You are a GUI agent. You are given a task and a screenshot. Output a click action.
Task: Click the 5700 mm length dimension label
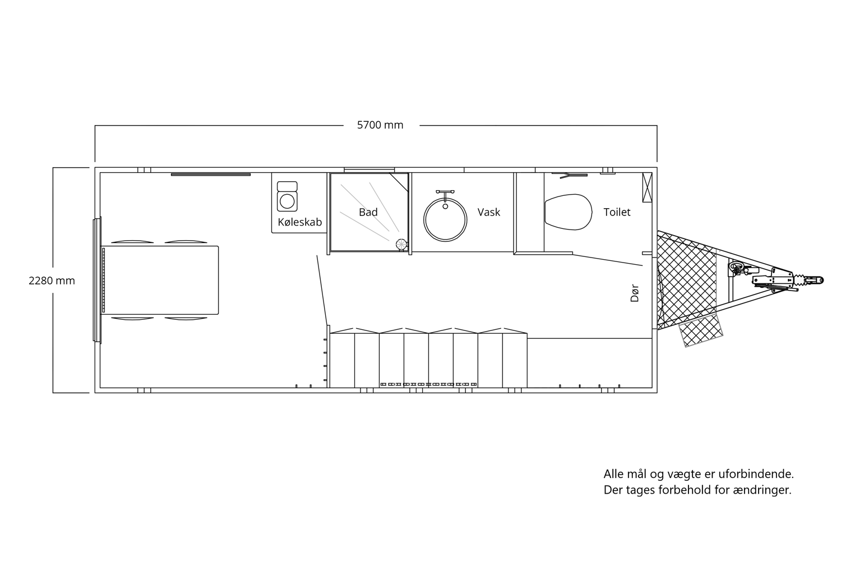coord(380,125)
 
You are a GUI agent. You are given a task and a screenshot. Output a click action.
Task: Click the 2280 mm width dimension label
coord(52,280)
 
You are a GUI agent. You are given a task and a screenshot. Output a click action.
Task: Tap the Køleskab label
coord(299,222)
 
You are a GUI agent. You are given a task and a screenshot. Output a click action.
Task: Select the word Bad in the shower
coord(368,212)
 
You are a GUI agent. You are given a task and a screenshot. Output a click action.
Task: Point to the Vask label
coord(489,212)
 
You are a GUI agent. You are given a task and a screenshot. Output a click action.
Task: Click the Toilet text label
coord(617,212)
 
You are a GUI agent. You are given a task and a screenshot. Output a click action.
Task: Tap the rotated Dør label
coord(634,293)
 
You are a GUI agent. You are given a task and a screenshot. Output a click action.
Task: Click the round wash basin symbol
coord(445,220)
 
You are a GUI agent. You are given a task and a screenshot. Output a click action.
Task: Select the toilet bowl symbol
coord(568,212)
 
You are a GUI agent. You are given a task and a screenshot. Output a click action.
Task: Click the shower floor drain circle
coord(401,244)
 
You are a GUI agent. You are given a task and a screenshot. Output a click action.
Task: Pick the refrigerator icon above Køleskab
coord(287,196)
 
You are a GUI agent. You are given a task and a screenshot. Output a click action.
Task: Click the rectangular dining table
coord(160,280)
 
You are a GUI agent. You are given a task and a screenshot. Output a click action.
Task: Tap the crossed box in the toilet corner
coord(647,187)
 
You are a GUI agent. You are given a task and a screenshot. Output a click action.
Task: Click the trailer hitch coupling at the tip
coord(807,280)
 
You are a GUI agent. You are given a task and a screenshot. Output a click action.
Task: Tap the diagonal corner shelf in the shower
coord(399,182)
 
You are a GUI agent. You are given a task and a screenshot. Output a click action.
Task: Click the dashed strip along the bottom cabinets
coord(429,384)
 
